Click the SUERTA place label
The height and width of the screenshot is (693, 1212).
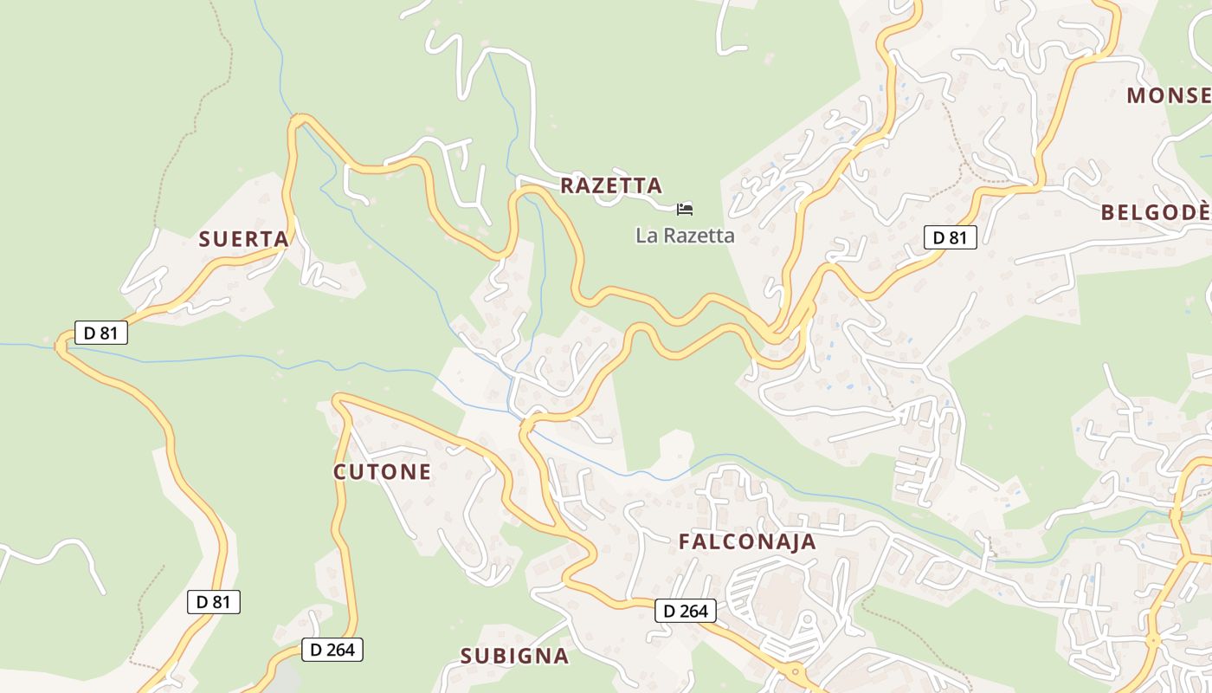pyautogui.click(x=243, y=239)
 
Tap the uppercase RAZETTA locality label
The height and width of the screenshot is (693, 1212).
pyautogui.click(x=611, y=185)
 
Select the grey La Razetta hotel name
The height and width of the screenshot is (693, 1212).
pyautogui.click(x=685, y=236)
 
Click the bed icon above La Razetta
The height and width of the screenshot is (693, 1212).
pyautogui.click(x=685, y=209)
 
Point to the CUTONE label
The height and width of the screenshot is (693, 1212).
pyautogui.click(x=382, y=472)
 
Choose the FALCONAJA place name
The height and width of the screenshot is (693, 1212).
pyautogui.click(x=747, y=542)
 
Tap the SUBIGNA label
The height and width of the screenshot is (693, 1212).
pyautogui.click(x=514, y=656)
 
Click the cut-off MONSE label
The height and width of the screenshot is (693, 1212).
pyautogui.click(x=1169, y=95)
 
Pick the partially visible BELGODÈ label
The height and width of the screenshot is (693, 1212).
pyautogui.click(x=1156, y=212)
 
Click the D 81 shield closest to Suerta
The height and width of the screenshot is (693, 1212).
pyautogui.click(x=101, y=332)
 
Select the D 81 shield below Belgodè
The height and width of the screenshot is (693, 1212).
pyautogui.click(x=950, y=237)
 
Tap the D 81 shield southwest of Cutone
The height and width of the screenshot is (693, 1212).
pyautogui.click(x=213, y=602)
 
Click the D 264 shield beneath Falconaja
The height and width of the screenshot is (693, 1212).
pyautogui.click(x=686, y=611)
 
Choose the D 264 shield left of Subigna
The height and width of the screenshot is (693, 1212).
pyautogui.click(x=332, y=650)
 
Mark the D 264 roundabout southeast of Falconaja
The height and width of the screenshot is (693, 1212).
pyautogui.click(x=794, y=671)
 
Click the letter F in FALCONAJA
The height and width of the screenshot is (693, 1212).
pyautogui.click(x=685, y=542)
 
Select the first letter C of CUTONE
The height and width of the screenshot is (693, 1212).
pyautogui.click(x=340, y=472)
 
